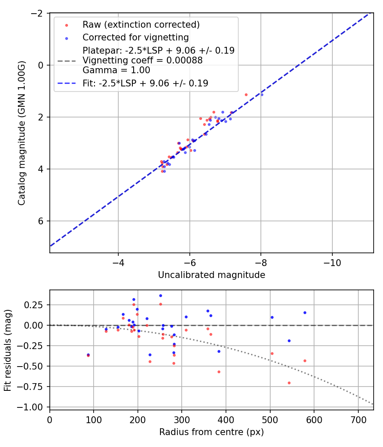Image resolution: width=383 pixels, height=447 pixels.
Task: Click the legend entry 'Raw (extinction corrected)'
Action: (141, 25)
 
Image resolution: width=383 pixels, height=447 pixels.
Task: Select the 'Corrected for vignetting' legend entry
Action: (135, 37)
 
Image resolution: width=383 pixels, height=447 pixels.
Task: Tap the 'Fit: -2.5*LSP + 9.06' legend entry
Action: (145, 83)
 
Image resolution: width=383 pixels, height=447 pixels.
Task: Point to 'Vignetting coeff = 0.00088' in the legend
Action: (143, 60)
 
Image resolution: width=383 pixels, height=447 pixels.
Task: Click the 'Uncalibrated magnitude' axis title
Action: (212, 275)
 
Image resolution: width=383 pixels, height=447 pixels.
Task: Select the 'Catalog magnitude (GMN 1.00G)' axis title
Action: (22, 133)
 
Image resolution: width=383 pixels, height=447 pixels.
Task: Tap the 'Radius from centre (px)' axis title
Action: (212, 432)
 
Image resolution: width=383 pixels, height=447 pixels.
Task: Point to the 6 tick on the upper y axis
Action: (41, 221)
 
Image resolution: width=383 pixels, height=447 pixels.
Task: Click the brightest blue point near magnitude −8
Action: (262, 95)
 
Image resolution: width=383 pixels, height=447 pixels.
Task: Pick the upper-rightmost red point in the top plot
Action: (246, 95)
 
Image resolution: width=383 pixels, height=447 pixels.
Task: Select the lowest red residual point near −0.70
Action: (289, 383)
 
